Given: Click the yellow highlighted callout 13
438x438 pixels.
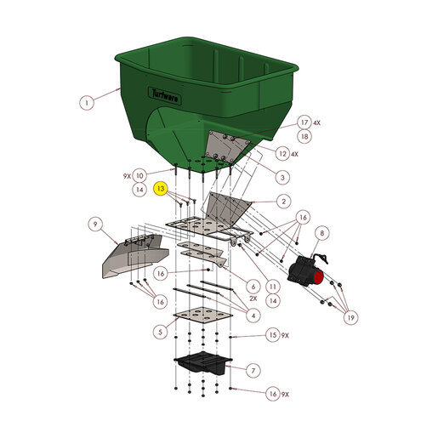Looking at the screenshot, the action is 161,189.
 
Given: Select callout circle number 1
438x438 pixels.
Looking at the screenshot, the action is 87,102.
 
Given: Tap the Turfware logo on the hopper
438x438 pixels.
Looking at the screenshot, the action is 165,96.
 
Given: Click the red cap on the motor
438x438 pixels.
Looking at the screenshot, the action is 318,277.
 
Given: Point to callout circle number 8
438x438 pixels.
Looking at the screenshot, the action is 321,233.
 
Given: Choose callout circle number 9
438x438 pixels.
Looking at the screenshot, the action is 95,225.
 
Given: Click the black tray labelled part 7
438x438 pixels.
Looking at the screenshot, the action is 203,362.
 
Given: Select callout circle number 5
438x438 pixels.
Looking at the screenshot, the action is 160,332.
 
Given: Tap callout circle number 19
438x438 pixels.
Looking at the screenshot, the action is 350,317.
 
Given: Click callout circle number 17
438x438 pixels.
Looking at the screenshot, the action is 304,122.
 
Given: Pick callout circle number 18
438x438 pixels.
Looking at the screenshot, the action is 304,136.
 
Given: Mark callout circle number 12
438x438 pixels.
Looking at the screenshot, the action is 282,154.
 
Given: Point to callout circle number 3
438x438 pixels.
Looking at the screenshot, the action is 282,178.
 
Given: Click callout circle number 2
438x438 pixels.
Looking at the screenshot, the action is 283,202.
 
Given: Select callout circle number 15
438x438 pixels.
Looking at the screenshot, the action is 273,335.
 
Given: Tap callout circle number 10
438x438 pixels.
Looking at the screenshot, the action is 139,176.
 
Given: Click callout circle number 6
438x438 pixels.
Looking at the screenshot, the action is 253,287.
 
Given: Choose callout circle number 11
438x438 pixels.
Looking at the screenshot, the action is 273,287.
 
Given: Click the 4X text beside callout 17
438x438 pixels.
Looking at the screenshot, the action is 316,122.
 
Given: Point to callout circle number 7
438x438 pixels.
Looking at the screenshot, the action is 253,371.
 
